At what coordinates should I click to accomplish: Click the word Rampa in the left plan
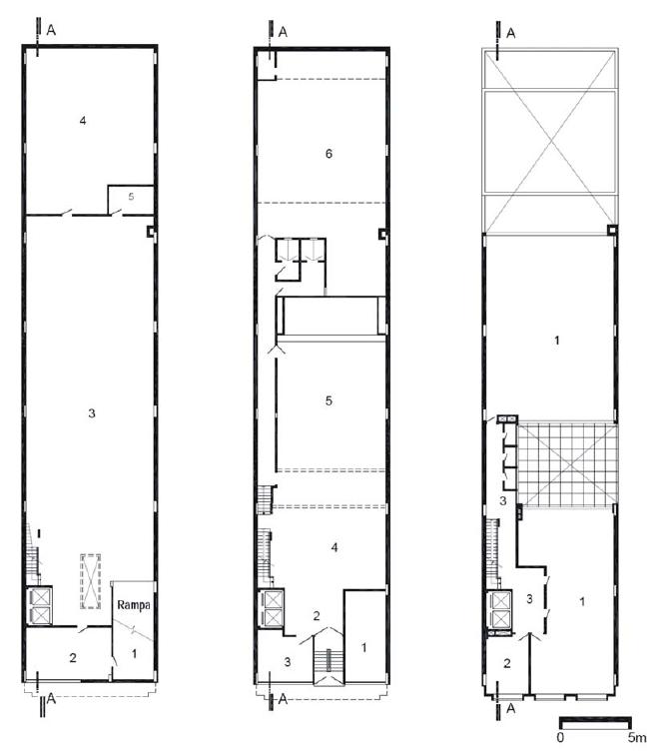pyautogui.click(x=134, y=605)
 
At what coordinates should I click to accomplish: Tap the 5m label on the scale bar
pyautogui.click(x=637, y=737)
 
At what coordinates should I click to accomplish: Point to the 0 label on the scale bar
pyautogui.click(x=560, y=737)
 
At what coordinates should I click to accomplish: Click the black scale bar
pyautogui.click(x=595, y=722)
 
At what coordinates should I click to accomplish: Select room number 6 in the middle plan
pyautogui.click(x=328, y=154)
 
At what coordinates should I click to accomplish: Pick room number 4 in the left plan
pyautogui.click(x=83, y=121)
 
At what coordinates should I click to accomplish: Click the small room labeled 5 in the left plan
pyautogui.click(x=130, y=200)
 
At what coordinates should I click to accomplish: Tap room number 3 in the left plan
pyautogui.click(x=92, y=413)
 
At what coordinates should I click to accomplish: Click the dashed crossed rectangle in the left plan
pyautogui.click(x=90, y=581)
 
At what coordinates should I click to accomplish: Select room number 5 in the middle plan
pyautogui.click(x=328, y=400)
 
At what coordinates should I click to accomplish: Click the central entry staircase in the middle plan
pyautogui.click(x=328, y=659)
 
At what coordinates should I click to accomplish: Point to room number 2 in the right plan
pyautogui.click(x=507, y=663)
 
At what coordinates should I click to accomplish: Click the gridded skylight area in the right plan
pyautogui.click(x=567, y=463)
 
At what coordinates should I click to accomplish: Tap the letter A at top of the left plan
pyautogui.click(x=51, y=30)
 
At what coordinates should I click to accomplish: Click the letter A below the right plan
pyautogui.click(x=511, y=708)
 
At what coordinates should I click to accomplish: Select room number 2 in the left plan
pyautogui.click(x=73, y=657)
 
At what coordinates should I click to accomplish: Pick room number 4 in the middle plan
pyautogui.click(x=334, y=547)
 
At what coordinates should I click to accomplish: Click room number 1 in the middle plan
pyautogui.click(x=364, y=647)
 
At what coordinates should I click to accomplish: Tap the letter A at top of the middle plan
pyautogui.click(x=283, y=32)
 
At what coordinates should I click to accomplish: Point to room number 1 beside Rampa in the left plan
pyautogui.click(x=134, y=653)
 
